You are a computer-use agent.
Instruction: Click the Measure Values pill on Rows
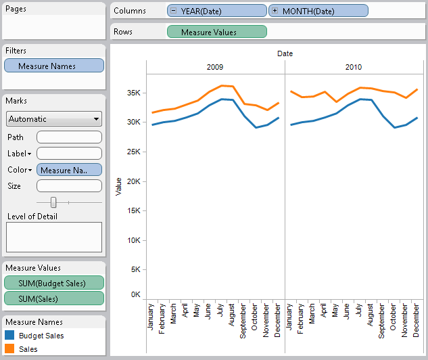(x=216, y=32)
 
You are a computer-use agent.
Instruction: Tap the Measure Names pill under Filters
(x=54, y=66)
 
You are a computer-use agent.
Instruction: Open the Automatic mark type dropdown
(x=54, y=119)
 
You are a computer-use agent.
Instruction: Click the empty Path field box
(x=69, y=137)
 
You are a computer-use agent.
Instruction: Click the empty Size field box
(x=69, y=185)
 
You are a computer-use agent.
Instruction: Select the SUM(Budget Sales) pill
(x=54, y=283)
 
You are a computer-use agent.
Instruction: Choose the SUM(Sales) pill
(x=54, y=298)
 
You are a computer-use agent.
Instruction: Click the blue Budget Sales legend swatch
(x=10, y=336)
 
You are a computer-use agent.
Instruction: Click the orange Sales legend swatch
(x=10, y=349)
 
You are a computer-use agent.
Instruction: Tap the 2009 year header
(x=215, y=67)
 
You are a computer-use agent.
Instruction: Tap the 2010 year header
(x=354, y=67)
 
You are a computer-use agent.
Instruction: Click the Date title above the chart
(x=285, y=53)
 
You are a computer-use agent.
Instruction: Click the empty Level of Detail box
(x=54, y=237)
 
